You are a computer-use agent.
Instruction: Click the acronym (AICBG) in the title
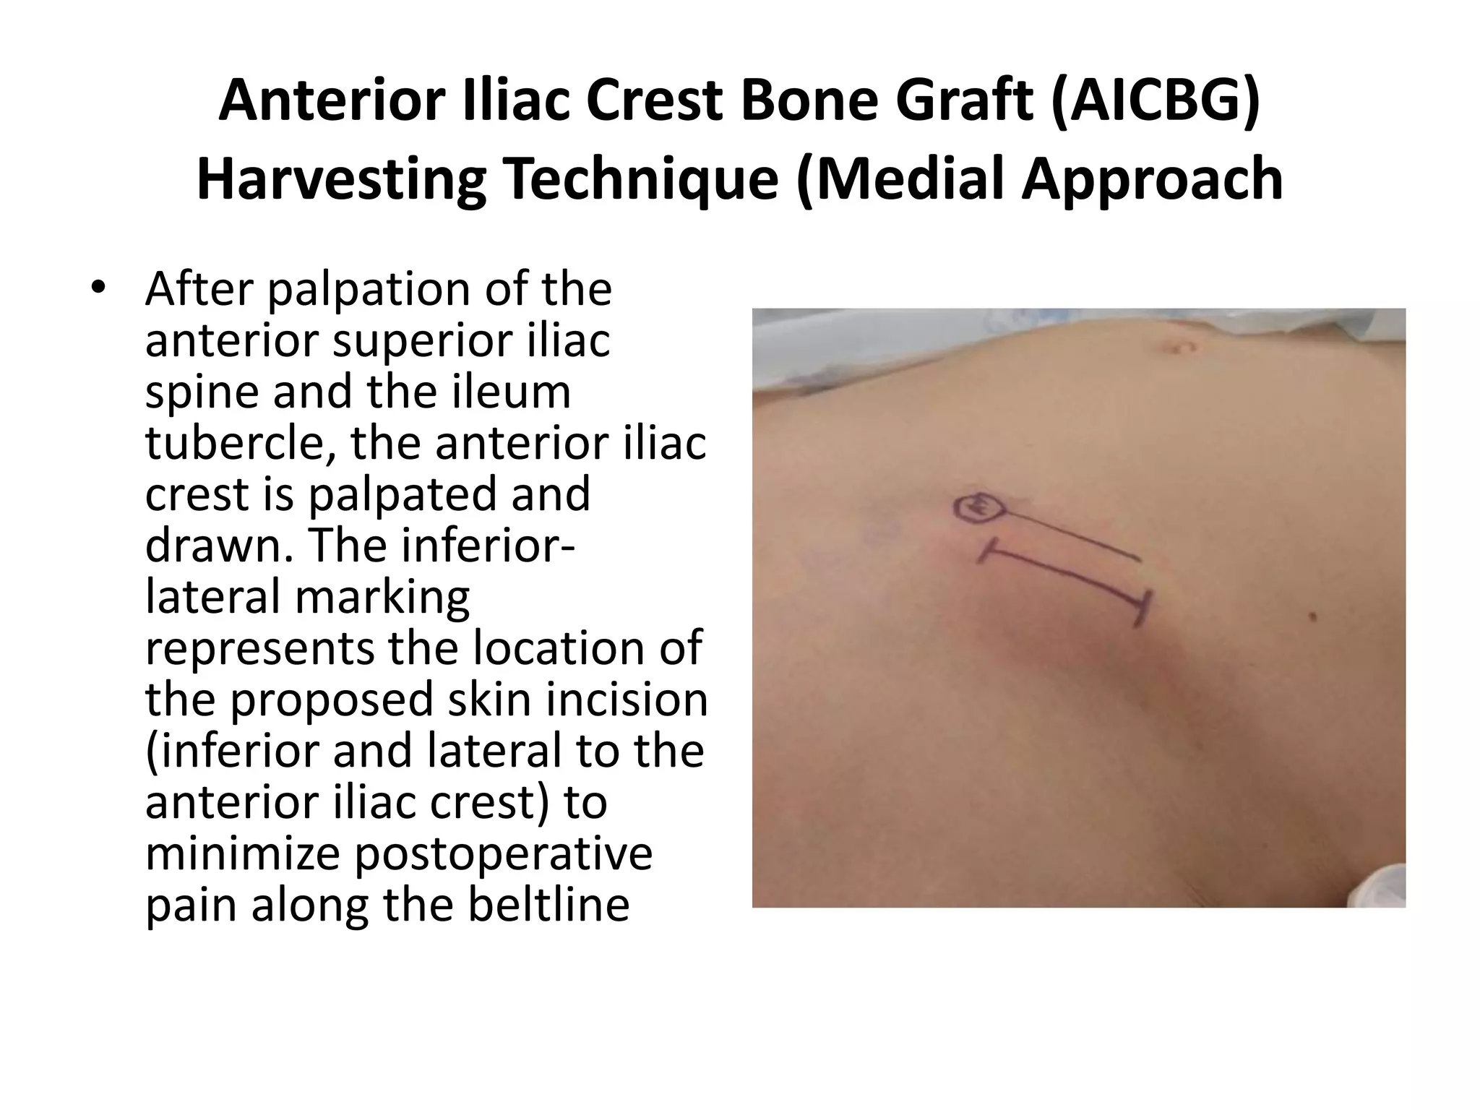tap(1156, 101)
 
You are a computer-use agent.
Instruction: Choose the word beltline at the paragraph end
tap(548, 905)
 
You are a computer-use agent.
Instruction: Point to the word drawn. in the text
tap(220, 546)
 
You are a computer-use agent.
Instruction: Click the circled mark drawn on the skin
tap(978, 508)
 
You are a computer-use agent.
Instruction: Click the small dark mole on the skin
tap(1313, 616)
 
